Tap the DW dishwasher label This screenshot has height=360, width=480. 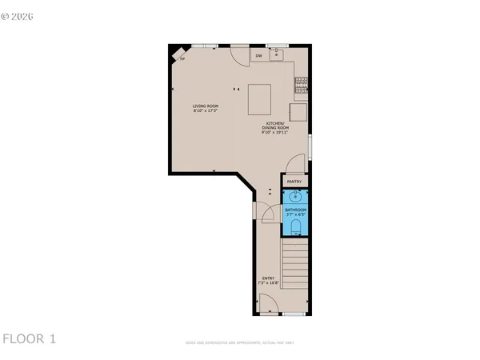tap(258, 56)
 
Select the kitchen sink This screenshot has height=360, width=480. tap(276, 54)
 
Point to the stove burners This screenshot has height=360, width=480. tap(301, 80)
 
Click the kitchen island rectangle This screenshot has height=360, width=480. tap(262, 100)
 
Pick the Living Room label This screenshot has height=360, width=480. tap(206, 106)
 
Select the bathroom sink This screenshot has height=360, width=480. tap(294, 195)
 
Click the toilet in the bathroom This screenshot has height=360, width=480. tap(296, 230)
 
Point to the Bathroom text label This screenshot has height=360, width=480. tap(295, 210)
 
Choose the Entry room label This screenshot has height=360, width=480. tap(267, 278)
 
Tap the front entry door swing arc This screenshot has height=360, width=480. tap(268, 305)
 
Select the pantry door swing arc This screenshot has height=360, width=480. tap(296, 162)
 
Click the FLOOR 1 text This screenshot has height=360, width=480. tap(29, 338)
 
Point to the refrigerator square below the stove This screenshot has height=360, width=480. tap(298, 110)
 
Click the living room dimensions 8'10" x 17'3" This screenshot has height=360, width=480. tap(206, 111)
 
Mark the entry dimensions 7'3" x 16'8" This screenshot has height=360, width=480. tap(267, 283)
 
